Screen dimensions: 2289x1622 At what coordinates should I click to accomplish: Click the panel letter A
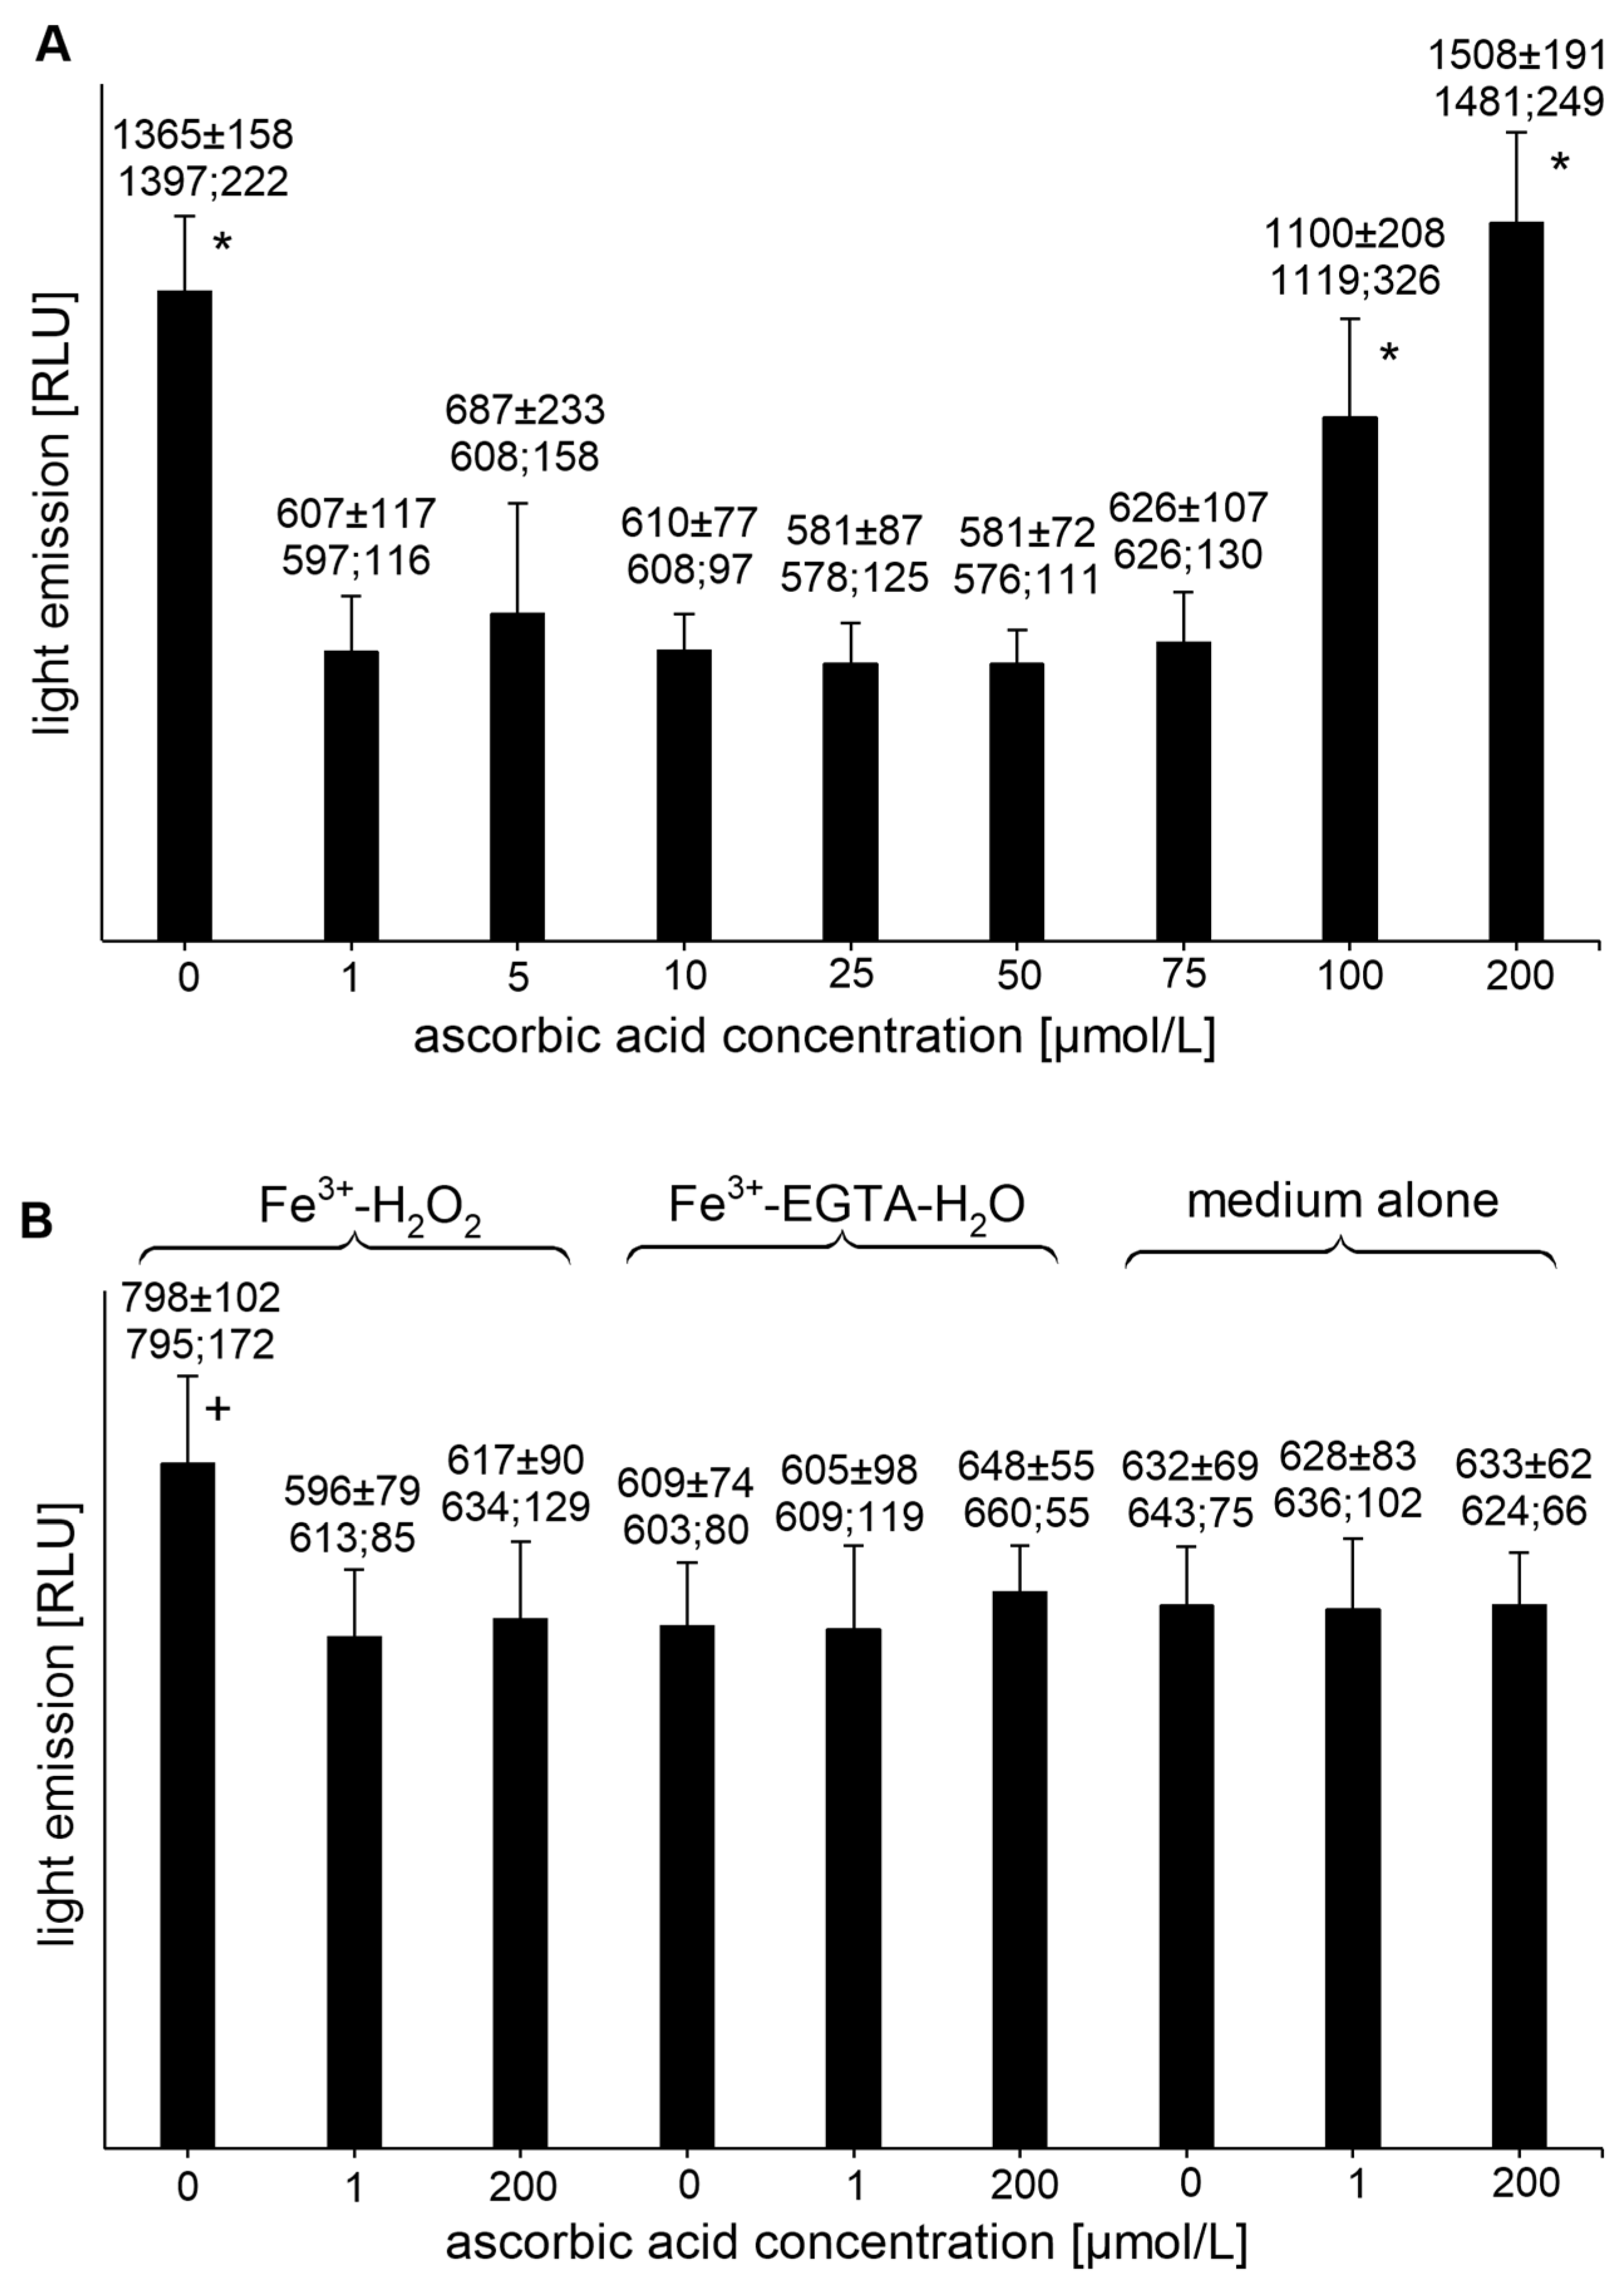[x=52, y=45]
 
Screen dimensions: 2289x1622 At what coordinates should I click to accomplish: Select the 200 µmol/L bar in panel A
[x=1515, y=579]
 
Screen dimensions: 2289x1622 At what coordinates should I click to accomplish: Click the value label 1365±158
[x=203, y=133]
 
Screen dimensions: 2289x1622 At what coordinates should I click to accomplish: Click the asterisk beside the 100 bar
[x=1389, y=354]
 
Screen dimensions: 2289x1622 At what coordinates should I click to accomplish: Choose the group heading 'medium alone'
[x=1342, y=1200]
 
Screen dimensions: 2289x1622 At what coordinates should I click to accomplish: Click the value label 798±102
[x=201, y=1298]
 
